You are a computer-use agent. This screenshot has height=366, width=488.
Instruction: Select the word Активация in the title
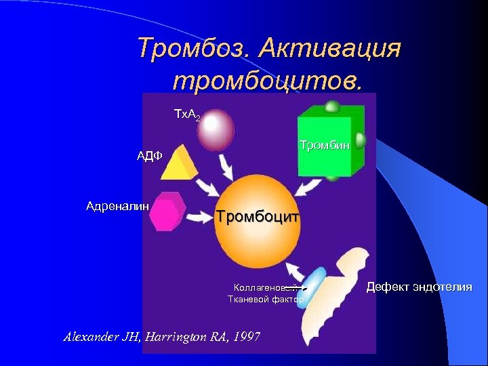(330, 48)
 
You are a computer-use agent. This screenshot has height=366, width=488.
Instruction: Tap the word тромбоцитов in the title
(267, 79)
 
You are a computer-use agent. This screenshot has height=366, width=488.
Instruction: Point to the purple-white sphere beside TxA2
(216, 129)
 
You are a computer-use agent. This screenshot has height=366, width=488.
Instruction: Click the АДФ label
(149, 156)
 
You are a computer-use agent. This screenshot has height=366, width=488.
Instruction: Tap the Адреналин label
(113, 205)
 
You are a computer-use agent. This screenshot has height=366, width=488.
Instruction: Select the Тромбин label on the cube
(325, 145)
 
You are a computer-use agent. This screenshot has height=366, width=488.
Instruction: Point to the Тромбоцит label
(258, 217)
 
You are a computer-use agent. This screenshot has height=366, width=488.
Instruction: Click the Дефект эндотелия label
(419, 287)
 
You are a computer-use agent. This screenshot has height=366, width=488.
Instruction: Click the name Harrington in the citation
(182, 337)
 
